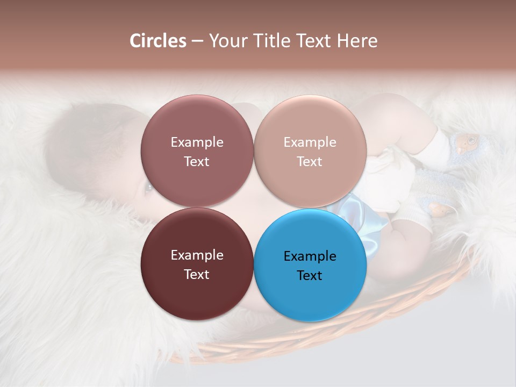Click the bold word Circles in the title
point(157,41)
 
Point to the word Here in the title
point(357,41)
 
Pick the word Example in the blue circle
point(310,256)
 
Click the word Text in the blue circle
point(310,275)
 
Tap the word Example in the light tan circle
point(310,142)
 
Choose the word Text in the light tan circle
point(310,161)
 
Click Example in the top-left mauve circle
point(197,142)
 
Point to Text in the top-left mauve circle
point(197,161)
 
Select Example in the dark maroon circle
point(197,255)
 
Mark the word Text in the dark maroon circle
point(197,274)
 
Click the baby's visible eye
point(147,188)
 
